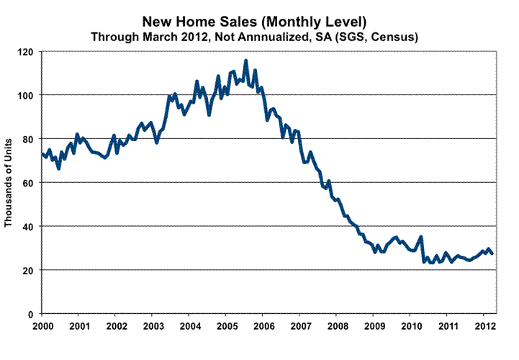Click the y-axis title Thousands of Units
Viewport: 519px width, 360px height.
(x=10, y=183)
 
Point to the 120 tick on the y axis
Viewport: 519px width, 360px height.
(x=29, y=52)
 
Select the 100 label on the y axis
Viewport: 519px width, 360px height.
(x=29, y=95)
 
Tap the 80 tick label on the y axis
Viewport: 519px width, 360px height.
(x=31, y=139)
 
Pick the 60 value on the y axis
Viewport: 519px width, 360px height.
(x=31, y=183)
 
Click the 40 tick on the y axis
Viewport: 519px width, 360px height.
(x=31, y=227)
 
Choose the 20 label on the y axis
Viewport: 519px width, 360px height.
(x=31, y=271)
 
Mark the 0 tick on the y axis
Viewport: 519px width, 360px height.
(x=34, y=315)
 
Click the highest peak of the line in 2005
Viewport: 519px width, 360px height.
(x=245, y=60)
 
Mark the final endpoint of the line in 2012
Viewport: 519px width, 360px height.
(x=492, y=253)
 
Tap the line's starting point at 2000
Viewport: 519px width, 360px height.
(x=42, y=153)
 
